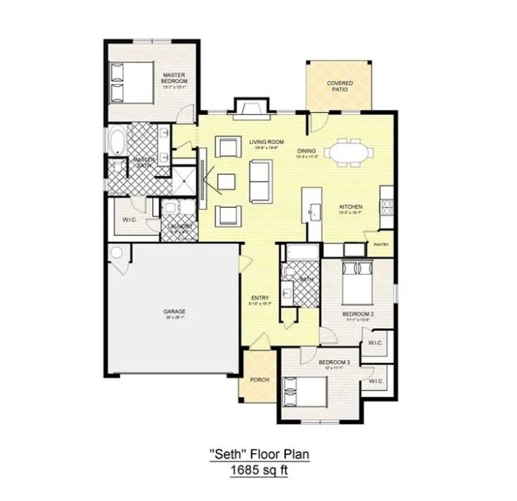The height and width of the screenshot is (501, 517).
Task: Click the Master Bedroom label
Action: pyautogui.click(x=175, y=78)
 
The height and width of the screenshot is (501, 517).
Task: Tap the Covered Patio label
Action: pyautogui.click(x=339, y=85)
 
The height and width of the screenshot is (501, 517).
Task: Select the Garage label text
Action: pyautogui.click(x=175, y=311)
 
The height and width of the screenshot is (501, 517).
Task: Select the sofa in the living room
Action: pyautogui.click(x=260, y=180)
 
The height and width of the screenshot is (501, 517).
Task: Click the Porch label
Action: pyautogui.click(x=259, y=379)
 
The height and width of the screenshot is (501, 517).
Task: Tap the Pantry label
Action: pyautogui.click(x=381, y=244)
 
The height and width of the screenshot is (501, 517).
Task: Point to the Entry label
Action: pyautogui.click(x=259, y=298)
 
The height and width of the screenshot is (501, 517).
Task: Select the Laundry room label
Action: pyautogui.click(x=179, y=226)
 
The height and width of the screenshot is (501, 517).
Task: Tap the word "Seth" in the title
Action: pyautogui.click(x=225, y=454)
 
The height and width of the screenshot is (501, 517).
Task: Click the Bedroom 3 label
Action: pyautogui.click(x=334, y=362)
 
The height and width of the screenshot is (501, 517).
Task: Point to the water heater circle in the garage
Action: pyautogui.click(x=116, y=254)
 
